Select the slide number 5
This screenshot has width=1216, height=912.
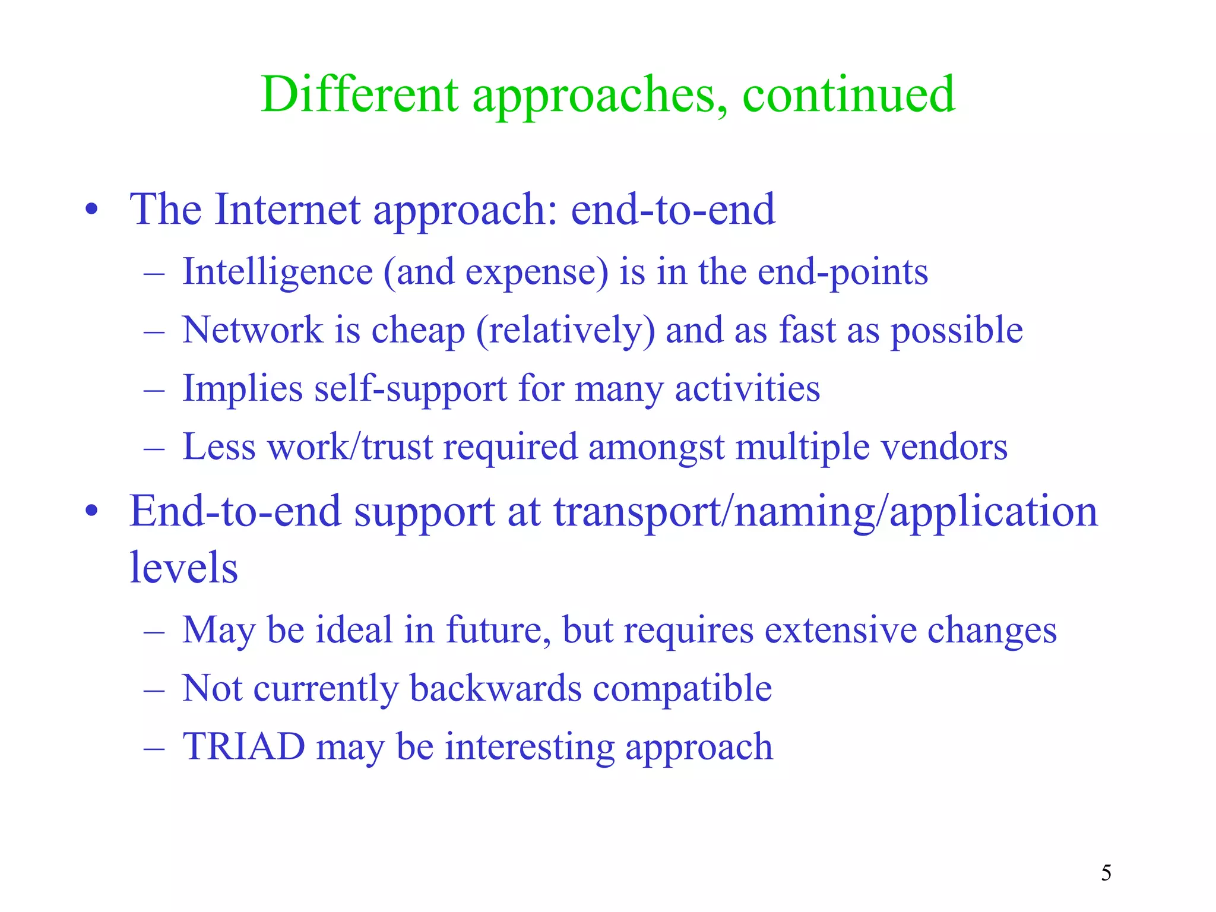1106,873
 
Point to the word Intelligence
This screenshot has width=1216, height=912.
278,273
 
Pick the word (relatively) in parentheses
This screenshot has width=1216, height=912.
565,331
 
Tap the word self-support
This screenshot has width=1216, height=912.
410,389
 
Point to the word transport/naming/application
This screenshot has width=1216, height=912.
826,512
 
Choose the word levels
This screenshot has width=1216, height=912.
183,568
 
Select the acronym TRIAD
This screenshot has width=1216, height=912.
244,746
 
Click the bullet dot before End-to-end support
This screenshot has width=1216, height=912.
91,511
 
